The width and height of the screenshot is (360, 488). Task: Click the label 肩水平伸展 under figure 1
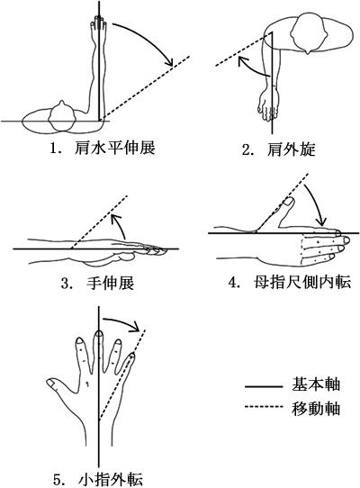115,149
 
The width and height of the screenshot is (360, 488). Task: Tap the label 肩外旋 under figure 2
292,149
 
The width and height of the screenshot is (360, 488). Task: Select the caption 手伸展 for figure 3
110,284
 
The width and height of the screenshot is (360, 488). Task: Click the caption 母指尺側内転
302,283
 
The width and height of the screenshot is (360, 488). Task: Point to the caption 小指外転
111,480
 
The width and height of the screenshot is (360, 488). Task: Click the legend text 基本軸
316,384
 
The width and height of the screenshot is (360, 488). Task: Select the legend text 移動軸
316,409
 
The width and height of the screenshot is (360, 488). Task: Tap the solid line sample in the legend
263,387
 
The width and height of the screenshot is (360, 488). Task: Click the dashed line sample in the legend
263,407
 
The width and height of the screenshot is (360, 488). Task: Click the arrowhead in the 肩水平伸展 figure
169,61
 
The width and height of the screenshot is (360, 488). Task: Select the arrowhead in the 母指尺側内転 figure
321,221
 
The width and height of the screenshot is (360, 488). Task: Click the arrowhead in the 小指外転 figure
135,327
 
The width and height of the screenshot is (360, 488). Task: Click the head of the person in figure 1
62,116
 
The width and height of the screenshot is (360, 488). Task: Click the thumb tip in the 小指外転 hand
51,384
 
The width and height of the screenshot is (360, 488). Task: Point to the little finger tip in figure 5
132,356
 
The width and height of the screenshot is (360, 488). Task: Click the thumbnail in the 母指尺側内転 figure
290,202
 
